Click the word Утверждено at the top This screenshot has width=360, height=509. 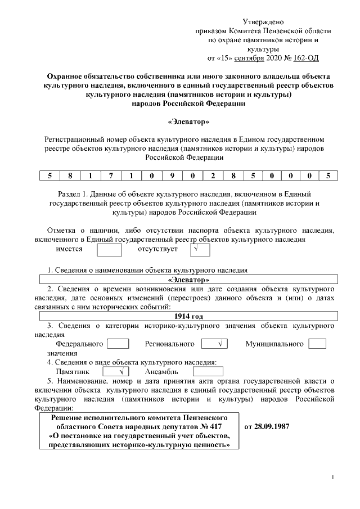[x=263, y=21]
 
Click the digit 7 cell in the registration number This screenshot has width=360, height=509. [x=111, y=175]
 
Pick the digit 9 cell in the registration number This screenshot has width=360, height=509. [x=172, y=175]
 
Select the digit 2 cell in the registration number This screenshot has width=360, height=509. [x=213, y=175]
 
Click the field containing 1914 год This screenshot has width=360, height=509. [x=188, y=316]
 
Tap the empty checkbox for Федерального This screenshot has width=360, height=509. [x=118, y=344]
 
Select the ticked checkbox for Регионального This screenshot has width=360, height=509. [x=214, y=344]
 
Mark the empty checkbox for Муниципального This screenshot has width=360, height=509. [x=317, y=344]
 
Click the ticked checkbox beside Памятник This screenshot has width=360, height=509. [x=116, y=372]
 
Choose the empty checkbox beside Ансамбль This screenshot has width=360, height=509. [x=208, y=372]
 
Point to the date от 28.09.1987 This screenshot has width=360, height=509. [x=267, y=426]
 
